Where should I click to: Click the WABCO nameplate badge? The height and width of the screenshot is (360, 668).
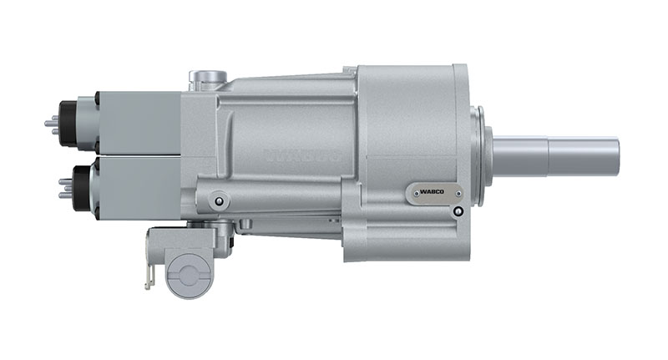click(433, 192)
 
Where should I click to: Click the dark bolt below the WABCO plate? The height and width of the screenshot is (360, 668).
click(458, 210)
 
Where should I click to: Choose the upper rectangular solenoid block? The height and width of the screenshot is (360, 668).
click(138, 123)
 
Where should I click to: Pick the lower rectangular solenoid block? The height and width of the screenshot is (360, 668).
click(138, 188)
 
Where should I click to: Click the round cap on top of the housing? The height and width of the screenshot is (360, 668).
click(208, 78)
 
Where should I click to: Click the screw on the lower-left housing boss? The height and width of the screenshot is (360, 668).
click(219, 200)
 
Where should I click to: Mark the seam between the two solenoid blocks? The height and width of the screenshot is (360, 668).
click(138, 155)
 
